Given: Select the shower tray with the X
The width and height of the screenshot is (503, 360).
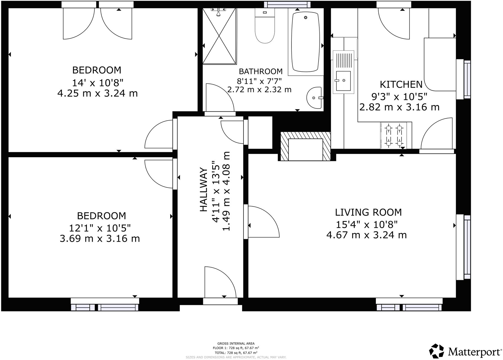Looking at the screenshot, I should click(220, 36).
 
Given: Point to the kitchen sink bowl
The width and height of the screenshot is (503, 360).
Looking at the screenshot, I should click(343, 81).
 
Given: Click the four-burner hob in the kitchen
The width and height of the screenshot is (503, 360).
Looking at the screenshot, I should click(394, 135).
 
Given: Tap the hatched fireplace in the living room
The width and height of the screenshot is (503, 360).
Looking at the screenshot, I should click(305, 146).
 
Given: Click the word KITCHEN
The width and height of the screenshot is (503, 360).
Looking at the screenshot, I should click(401, 84).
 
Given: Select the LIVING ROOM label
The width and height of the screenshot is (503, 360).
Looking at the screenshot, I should click(368, 212).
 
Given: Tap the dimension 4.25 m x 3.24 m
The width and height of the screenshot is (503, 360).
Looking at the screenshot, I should click(97, 93).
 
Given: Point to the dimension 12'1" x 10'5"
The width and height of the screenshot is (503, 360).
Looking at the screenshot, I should click(100, 228).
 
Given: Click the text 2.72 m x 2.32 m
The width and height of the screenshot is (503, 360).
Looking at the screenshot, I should click(259, 90).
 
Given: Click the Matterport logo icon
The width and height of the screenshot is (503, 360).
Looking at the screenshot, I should click(437, 351).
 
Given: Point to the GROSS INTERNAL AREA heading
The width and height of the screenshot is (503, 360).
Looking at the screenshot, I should click(236, 343).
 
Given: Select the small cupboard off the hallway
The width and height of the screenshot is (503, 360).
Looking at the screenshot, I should click(260, 132).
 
